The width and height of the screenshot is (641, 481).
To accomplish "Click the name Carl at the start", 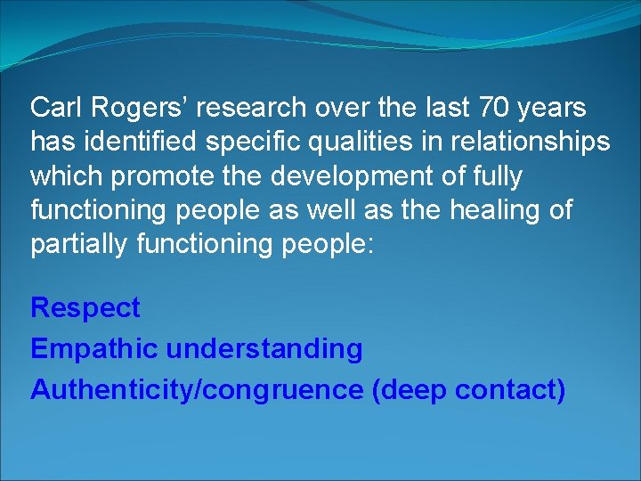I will pos(56,108).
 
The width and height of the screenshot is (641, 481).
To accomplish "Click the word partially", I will pos(78,244).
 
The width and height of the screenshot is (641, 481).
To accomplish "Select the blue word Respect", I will pos(85,308).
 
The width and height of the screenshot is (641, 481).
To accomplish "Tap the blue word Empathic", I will pos(94,348).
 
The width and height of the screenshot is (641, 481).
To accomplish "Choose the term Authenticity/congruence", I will pos(197,389).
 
